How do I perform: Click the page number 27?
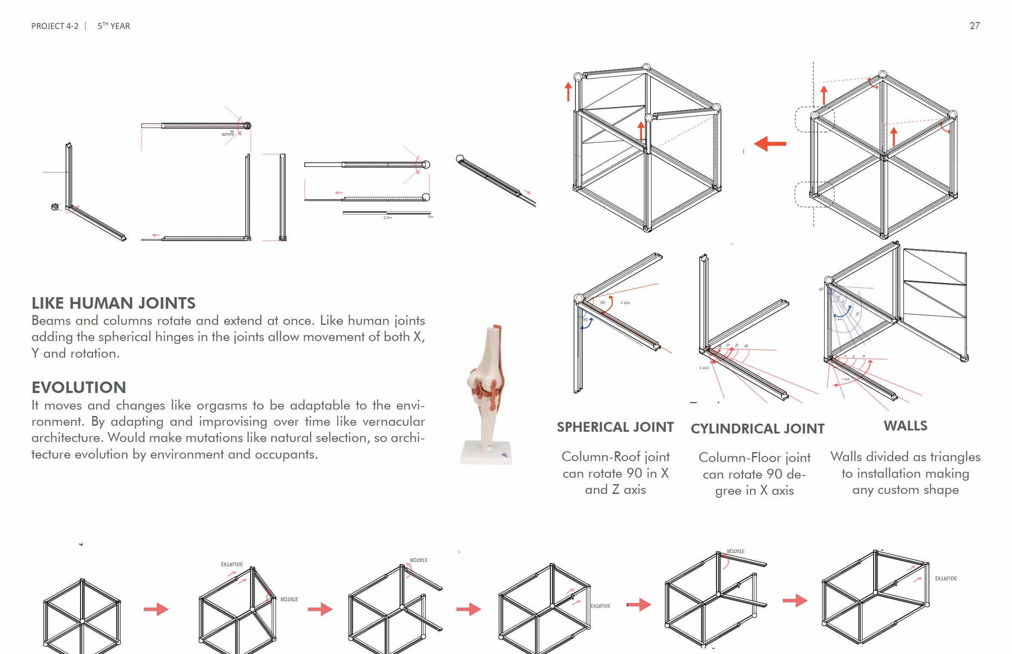point(975,26)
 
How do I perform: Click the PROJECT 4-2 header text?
point(55,26)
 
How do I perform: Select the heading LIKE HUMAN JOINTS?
point(113,303)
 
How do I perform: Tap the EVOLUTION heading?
point(79,387)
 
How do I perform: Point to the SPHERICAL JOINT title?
point(615,427)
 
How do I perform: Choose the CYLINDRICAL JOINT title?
point(757,429)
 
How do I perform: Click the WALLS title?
point(906,426)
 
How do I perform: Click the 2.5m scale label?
point(388,218)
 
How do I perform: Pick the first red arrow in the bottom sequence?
point(156,609)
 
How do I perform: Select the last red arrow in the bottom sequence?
point(795,601)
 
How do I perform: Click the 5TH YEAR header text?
point(114,26)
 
